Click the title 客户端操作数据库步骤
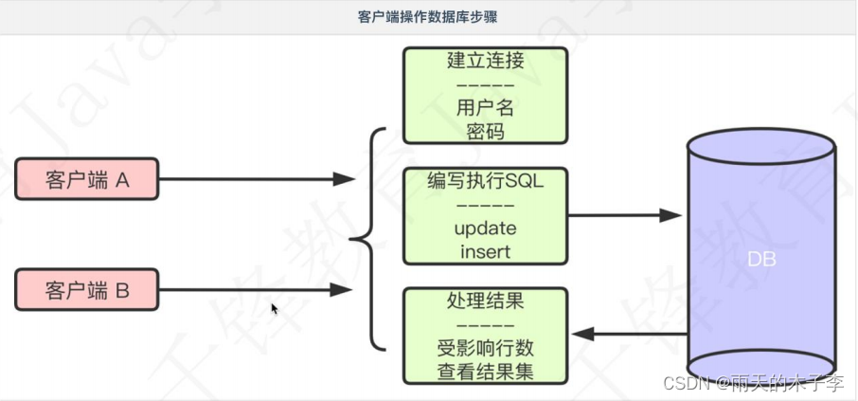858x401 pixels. (428, 16)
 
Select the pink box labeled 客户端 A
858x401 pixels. (87, 178)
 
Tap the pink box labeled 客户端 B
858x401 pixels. (87, 290)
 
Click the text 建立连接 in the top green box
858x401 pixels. (485, 62)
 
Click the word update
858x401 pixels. (485, 229)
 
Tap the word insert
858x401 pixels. (485, 251)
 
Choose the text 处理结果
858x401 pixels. (485, 301)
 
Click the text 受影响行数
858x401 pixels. (485, 347)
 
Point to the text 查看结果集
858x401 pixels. (485, 370)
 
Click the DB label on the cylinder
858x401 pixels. (761, 258)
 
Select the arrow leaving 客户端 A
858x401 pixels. (256, 178)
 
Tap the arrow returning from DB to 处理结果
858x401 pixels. (631, 334)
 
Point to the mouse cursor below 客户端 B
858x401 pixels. (275, 309)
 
